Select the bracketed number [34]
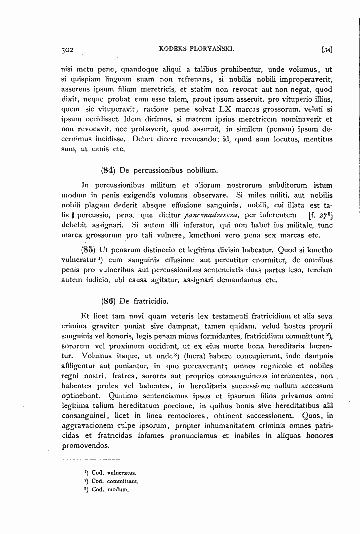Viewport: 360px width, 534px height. point(328,50)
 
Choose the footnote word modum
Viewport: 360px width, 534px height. point(117,490)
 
